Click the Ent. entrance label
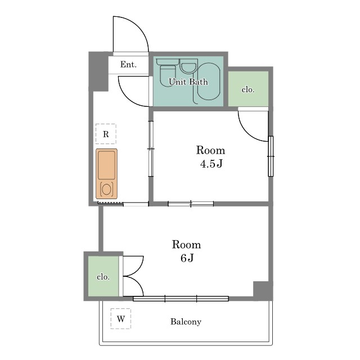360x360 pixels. click(128, 65)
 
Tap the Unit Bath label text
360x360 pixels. click(188, 82)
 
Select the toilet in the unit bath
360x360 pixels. click(168, 72)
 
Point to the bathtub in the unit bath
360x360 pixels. click(209, 82)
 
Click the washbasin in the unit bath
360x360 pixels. click(188, 66)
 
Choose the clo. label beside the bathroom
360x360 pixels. click(248, 89)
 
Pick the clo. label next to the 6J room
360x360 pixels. click(103, 277)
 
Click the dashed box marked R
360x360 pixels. click(106, 134)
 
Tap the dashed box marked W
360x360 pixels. click(121, 319)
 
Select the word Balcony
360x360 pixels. click(186, 322)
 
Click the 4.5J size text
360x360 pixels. click(211, 164)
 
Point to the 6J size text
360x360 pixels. click(187, 258)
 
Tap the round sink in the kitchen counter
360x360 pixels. click(106, 190)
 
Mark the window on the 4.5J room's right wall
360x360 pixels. click(271, 156)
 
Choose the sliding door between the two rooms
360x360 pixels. click(191, 204)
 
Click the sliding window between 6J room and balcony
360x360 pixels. click(181, 299)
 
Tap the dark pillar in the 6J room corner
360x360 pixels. click(261, 289)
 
